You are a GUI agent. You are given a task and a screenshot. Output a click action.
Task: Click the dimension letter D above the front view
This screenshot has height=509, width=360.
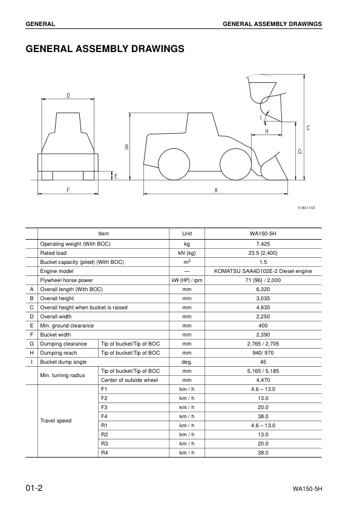point(68,95)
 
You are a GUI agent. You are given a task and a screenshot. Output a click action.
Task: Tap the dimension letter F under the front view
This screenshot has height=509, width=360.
point(68,189)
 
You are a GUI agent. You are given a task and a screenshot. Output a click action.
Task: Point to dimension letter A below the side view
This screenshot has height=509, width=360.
point(216,189)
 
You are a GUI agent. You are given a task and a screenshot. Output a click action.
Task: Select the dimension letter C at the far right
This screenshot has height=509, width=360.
point(308,128)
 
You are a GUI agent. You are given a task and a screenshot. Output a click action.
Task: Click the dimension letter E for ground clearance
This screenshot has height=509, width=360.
point(116,176)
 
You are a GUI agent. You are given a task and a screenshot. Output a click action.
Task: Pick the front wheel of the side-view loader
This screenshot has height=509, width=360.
point(235,164)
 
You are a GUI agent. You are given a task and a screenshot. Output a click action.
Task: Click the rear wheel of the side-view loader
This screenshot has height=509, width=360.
point(174,164)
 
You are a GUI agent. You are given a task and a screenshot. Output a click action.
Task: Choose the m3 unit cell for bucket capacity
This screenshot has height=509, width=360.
point(187,262)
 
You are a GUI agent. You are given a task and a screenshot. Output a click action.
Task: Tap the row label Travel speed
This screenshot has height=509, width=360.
point(56,420)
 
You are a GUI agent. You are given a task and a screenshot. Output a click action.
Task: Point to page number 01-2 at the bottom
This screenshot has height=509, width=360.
point(34,488)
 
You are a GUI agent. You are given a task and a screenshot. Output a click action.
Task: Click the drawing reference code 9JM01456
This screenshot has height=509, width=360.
point(307,208)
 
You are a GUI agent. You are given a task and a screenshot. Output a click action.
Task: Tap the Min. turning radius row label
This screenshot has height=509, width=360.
point(62,375)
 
